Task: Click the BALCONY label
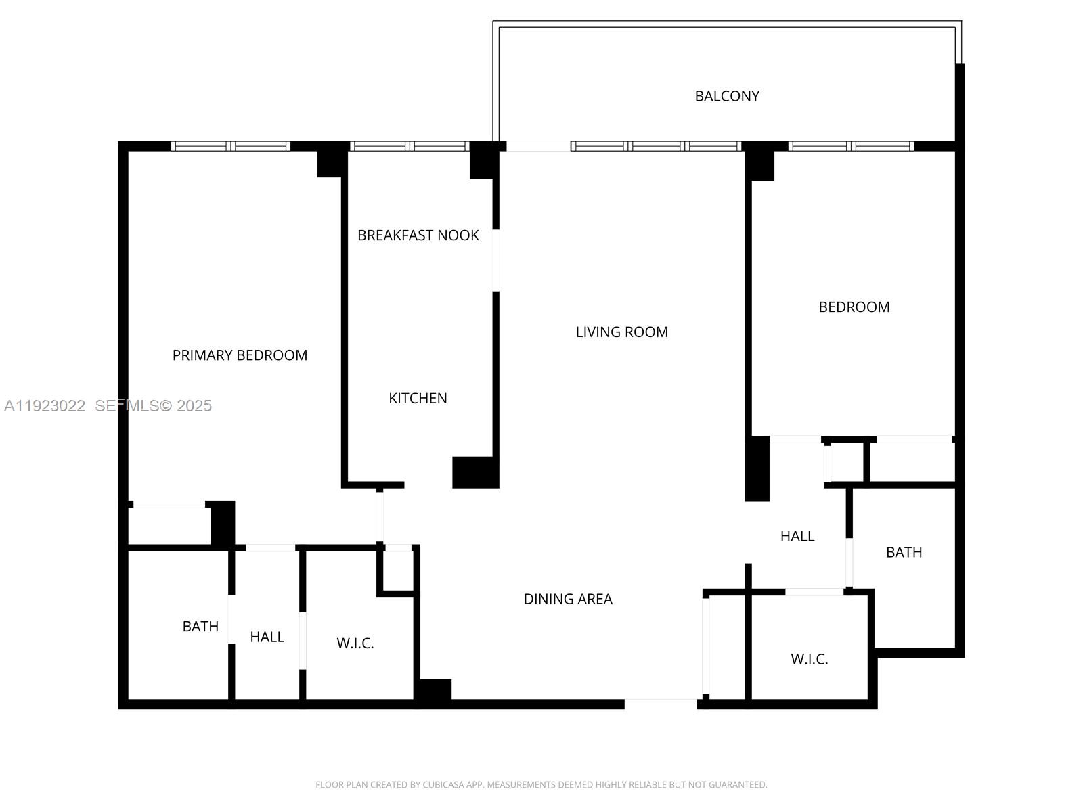click(727, 96)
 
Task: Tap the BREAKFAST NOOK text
click(418, 235)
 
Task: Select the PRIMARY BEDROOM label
click(240, 355)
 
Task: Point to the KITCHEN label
click(418, 399)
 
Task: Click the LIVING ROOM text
click(621, 332)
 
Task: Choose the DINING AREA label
click(568, 599)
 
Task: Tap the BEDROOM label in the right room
click(854, 307)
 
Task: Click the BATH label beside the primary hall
click(200, 627)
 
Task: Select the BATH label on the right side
click(904, 552)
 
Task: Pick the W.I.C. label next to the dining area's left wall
click(355, 644)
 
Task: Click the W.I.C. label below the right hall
click(809, 659)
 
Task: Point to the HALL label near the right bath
click(797, 536)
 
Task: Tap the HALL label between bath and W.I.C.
click(267, 637)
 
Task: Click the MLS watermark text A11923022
click(45, 406)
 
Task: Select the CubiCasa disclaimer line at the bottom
click(541, 785)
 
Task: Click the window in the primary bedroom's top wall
click(231, 146)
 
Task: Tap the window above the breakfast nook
click(409, 146)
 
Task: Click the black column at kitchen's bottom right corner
click(475, 472)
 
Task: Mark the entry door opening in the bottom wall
click(660, 704)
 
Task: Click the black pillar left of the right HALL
click(757, 469)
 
